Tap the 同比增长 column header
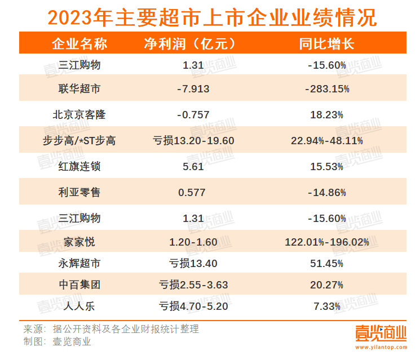click(x=327, y=43)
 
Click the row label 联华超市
click(x=79, y=89)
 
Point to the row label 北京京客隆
click(x=79, y=115)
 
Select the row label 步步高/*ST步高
click(x=79, y=140)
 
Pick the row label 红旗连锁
click(x=79, y=166)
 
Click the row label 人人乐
click(x=79, y=306)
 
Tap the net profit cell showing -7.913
click(x=193, y=89)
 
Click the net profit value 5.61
click(x=193, y=166)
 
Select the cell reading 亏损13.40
click(x=193, y=263)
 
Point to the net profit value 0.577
click(x=193, y=192)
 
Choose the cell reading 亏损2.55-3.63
click(x=193, y=285)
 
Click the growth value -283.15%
click(x=327, y=89)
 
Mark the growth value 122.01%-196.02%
click(x=327, y=242)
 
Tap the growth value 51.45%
click(x=327, y=263)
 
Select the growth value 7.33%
click(x=327, y=306)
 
